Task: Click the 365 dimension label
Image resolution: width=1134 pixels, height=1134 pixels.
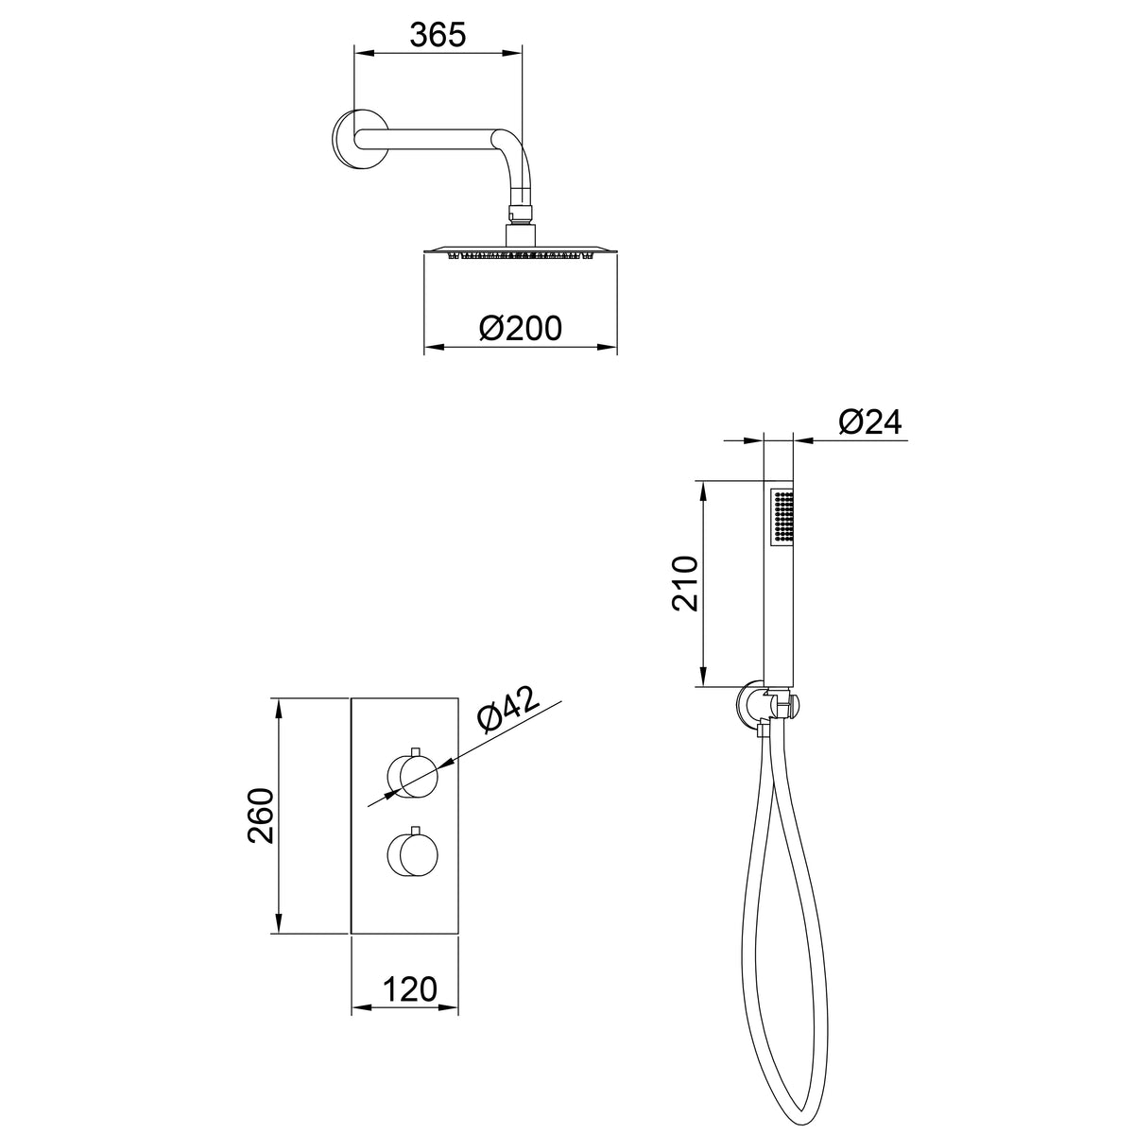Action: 438,35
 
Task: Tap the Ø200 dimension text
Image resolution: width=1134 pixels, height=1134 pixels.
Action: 520,328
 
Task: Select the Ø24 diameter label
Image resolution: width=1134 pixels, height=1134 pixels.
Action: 869,421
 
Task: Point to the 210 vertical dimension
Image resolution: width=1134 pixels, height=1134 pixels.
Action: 684,583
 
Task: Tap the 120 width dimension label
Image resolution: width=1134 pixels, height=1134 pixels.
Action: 409,989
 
